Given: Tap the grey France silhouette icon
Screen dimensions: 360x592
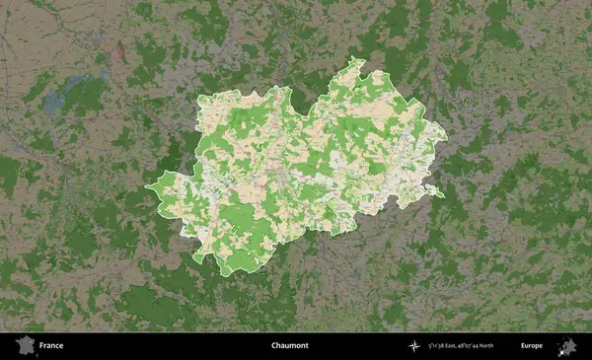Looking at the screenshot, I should (x=23, y=346).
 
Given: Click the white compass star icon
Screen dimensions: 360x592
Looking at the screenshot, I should (x=414, y=346).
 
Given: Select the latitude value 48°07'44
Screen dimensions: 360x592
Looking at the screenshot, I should (x=478, y=346).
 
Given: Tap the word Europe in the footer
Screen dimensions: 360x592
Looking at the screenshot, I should (x=532, y=346).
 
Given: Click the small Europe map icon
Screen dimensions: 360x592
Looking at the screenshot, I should (x=567, y=345).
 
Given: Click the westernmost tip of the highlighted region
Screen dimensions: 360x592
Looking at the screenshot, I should (x=147, y=185).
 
